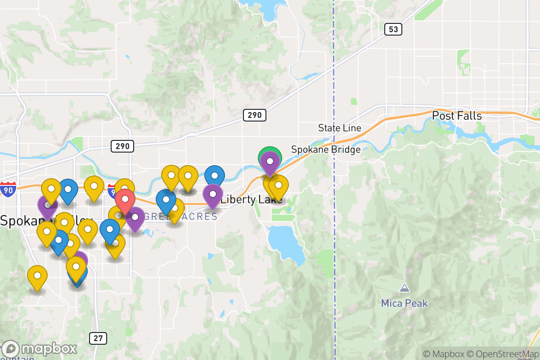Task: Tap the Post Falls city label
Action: [x=457, y=116]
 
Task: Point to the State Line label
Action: [x=339, y=128]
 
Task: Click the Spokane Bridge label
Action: [x=326, y=149]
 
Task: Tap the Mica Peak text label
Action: [x=404, y=303]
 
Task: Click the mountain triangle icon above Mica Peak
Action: [x=404, y=288]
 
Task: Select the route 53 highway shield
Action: [x=393, y=30]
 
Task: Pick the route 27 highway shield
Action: [x=98, y=338]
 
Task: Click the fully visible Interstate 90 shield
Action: [x=8, y=190]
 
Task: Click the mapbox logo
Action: [x=40, y=349]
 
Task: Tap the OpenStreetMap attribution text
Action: [x=503, y=354]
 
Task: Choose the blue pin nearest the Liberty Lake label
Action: [x=215, y=175]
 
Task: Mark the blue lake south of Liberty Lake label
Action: [x=285, y=243]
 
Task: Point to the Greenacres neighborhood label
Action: [x=181, y=216]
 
